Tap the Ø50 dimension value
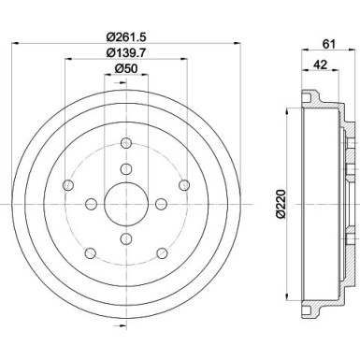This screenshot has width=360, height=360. pyautogui.click(x=125, y=70)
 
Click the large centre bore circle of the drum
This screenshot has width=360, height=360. pyautogui.click(x=125, y=203)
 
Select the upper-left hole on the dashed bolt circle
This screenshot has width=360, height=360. pyautogui.click(x=67, y=185)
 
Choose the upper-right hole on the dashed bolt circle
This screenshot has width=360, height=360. pyautogui.click(x=183, y=185)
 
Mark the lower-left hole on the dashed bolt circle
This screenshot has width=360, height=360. pyautogui.click(x=90, y=252)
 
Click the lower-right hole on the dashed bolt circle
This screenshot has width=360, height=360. pyautogui.click(x=162, y=252)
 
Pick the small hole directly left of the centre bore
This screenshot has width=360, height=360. pyautogui.click(x=91, y=203)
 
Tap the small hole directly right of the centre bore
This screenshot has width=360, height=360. pyautogui.click(x=161, y=203)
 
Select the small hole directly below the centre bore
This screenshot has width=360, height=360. pyautogui.click(x=125, y=238)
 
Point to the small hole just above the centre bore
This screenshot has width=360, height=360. pyautogui.click(x=125, y=168)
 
